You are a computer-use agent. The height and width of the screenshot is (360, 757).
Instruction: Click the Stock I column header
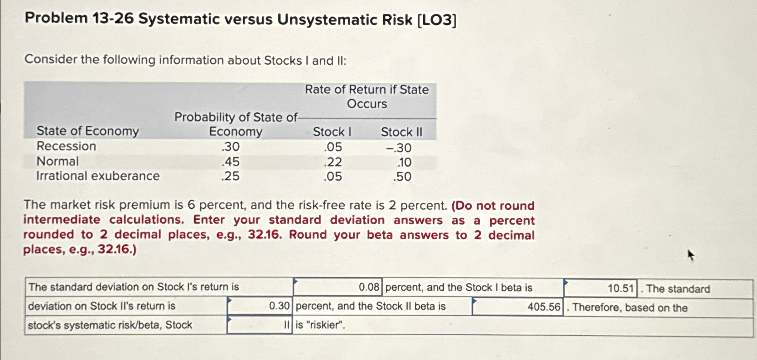(x=332, y=132)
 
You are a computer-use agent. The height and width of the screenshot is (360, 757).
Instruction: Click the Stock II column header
(x=401, y=132)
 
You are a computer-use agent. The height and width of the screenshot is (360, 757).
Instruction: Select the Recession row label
(x=66, y=146)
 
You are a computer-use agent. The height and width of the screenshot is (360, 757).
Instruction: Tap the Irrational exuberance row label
(x=98, y=176)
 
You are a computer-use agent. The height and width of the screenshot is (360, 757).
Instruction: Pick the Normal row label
(x=58, y=161)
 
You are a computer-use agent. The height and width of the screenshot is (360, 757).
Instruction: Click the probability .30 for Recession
(x=231, y=147)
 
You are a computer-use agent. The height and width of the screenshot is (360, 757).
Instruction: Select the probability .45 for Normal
(x=231, y=162)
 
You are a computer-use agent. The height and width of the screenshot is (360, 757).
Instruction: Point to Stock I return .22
(x=333, y=162)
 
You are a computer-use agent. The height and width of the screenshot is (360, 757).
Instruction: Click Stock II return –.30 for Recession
(x=399, y=148)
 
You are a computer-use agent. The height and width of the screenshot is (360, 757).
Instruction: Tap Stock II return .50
(x=402, y=177)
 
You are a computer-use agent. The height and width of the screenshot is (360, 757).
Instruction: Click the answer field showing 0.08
(x=338, y=287)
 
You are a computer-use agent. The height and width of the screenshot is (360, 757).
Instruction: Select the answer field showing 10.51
(x=600, y=288)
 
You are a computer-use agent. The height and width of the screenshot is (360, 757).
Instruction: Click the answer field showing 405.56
(x=517, y=307)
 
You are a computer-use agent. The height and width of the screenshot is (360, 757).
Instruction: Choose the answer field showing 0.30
(x=260, y=306)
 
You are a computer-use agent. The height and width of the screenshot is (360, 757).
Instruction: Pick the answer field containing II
(x=260, y=325)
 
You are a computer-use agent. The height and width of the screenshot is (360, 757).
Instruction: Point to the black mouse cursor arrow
(x=690, y=255)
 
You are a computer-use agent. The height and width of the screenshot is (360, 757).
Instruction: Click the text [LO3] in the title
(x=437, y=20)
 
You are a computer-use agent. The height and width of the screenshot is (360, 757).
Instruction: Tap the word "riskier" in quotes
(x=325, y=325)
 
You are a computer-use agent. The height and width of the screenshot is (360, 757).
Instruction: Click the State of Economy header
(x=88, y=131)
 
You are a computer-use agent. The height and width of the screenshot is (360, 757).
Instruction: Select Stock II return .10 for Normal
(x=404, y=163)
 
